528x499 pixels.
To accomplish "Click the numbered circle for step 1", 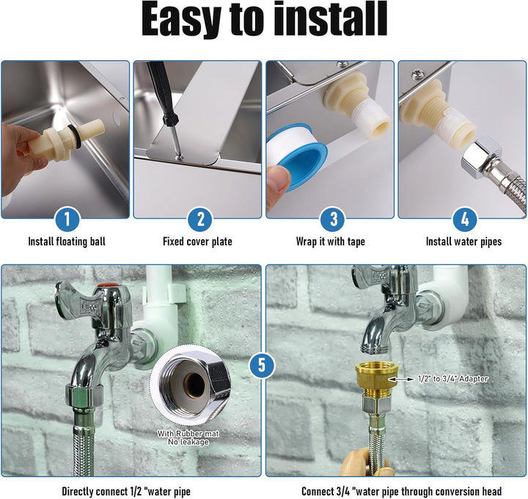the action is [x=67, y=219].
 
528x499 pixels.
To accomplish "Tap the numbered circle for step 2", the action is [x=200, y=219].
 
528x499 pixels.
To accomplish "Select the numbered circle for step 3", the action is [x=333, y=219].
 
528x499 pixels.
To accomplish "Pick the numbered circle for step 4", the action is [x=465, y=219].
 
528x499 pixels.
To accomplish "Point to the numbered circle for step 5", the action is [x=262, y=365].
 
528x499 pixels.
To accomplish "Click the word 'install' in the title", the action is [x=331, y=19].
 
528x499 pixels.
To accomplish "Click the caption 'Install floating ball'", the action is [x=67, y=241].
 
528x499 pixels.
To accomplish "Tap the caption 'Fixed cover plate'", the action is [x=197, y=241].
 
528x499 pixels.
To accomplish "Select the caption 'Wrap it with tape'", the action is [x=330, y=241].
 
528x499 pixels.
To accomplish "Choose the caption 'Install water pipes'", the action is [x=463, y=241].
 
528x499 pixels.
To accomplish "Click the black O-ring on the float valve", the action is [x=74, y=136].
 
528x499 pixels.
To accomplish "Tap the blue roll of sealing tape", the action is [x=298, y=154].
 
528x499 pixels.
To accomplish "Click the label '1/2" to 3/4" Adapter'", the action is [x=452, y=379].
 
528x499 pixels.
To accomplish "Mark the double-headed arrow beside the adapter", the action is [x=400, y=379].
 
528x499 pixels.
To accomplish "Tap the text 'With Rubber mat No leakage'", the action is [x=188, y=437].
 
